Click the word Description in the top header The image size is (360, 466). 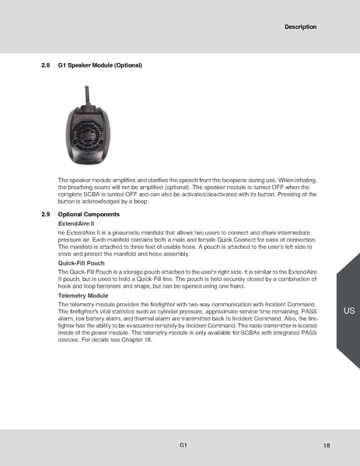[300, 27]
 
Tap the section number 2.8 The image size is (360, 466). [46, 65]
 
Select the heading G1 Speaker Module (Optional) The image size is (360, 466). [100, 65]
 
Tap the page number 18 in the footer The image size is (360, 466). [327, 446]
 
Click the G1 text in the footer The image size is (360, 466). [182, 445]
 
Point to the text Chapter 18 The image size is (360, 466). [135, 340]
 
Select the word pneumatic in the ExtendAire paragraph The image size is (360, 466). [126, 232]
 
